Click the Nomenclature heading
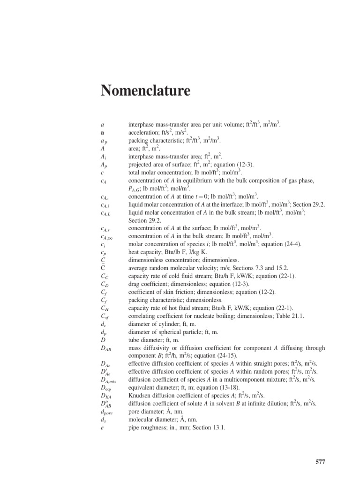coord(145,90)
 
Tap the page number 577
coord(320,462)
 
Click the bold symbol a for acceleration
coord(102,133)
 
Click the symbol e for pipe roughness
coord(102,428)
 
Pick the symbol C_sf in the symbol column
coord(105,316)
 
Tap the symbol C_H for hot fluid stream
coord(105,308)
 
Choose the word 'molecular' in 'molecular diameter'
coord(142,420)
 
